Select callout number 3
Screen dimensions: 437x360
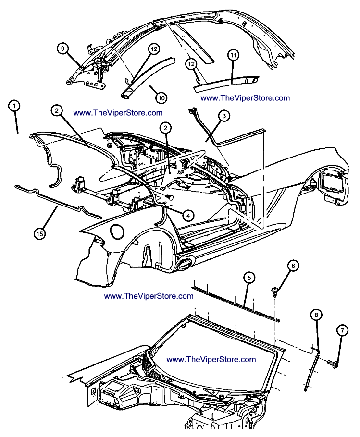224,116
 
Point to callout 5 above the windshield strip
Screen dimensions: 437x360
248,278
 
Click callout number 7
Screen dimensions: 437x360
342,330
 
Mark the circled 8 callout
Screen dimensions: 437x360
316,315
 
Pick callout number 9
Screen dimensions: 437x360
63,48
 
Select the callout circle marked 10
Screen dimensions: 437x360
161,97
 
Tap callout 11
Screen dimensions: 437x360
233,56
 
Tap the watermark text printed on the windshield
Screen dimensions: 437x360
211,359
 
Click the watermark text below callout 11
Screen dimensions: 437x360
245,98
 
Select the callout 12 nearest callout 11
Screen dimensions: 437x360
192,63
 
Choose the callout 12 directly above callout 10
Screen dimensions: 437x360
153,49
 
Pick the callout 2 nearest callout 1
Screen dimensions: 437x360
57,111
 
